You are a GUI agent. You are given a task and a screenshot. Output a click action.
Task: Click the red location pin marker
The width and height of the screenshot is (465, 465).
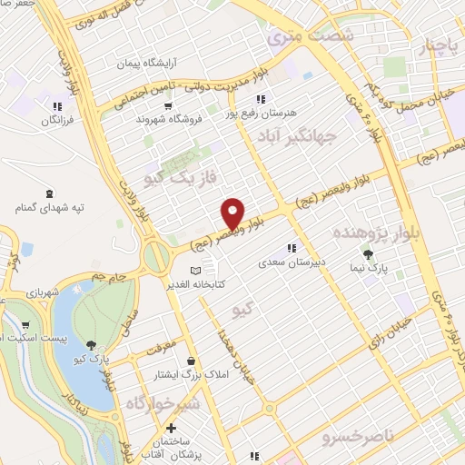pos(233,213)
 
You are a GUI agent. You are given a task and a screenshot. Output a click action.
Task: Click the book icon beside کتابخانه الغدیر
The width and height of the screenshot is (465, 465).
pos(193,271)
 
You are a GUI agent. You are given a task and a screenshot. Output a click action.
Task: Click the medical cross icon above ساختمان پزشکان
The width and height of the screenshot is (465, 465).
pos(171,427)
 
